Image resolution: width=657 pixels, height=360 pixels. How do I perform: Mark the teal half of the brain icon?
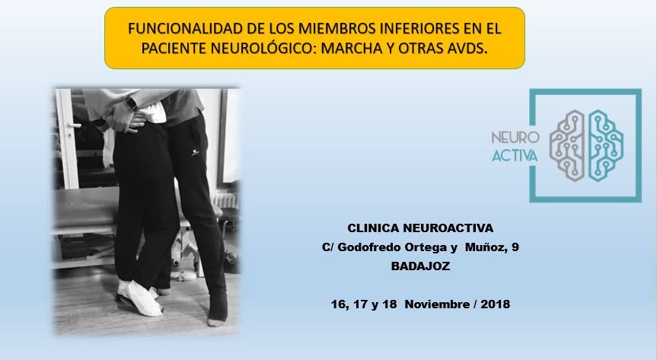pyautogui.click(x=605, y=145)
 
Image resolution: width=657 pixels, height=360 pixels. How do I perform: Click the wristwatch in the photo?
pyautogui.click(x=132, y=102)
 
